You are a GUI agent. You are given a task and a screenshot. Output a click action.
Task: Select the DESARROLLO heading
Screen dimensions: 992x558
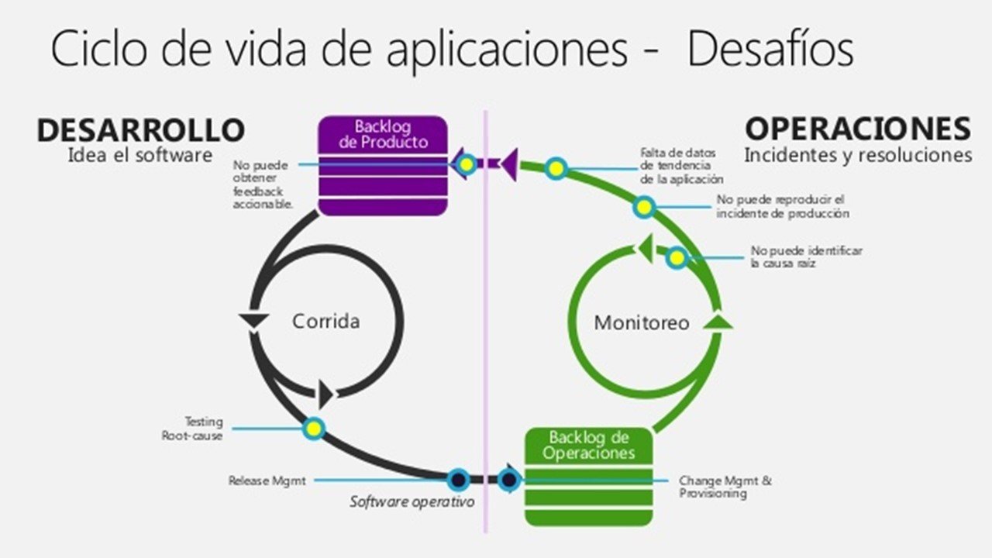[x=140, y=130]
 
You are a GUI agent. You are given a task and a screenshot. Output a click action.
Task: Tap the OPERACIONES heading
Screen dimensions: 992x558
[x=858, y=129]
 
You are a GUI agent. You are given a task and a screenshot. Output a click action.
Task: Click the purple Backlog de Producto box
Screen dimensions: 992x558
[x=383, y=165]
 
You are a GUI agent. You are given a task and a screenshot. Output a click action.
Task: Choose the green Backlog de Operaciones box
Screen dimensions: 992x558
[x=588, y=475]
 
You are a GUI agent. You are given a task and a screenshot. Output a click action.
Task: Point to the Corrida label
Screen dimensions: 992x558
[x=325, y=321]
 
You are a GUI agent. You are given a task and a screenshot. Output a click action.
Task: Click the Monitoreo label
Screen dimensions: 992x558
[x=641, y=322]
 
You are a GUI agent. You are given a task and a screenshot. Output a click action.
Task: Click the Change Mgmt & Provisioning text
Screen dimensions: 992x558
[x=725, y=487]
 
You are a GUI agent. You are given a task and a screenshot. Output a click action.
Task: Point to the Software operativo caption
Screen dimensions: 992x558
[x=412, y=501]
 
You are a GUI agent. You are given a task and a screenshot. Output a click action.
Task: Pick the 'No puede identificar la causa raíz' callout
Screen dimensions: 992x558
[x=806, y=257]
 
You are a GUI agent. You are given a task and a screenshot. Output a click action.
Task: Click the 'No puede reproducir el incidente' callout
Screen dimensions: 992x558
[x=782, y=206]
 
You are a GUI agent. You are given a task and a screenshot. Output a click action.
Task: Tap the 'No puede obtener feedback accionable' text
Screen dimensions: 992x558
[x=262, y=184]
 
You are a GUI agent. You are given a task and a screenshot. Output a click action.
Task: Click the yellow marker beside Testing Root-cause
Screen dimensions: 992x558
[x=314, y=428]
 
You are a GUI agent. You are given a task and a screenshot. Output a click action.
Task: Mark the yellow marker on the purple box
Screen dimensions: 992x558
[x=466, y=164]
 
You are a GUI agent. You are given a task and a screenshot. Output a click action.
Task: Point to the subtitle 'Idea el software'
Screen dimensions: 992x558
[x=139, y=154]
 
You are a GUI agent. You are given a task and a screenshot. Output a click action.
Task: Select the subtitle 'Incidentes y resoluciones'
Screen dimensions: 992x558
[x=857, y=155]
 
